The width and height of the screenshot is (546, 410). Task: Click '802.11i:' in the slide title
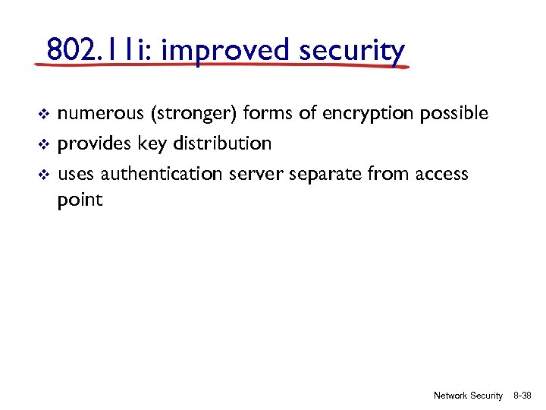[x=100, y=51]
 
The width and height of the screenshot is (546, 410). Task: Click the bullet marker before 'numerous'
[x=43, y=115]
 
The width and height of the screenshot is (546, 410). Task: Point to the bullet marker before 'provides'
[x=43, y=144]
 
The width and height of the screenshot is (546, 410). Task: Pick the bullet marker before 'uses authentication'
[x=43, y=175]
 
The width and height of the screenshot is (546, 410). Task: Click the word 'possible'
[x=455, y=114]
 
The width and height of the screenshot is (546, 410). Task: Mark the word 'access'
[x=441, y=175]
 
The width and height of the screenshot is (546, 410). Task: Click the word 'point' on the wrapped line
[x=80, y=200]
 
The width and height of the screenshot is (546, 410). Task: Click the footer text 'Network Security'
[x=468, y=396]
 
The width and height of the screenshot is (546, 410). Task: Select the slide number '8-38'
[x=523, y=396]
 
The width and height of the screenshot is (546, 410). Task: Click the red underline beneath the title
[x=220, y=66]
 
